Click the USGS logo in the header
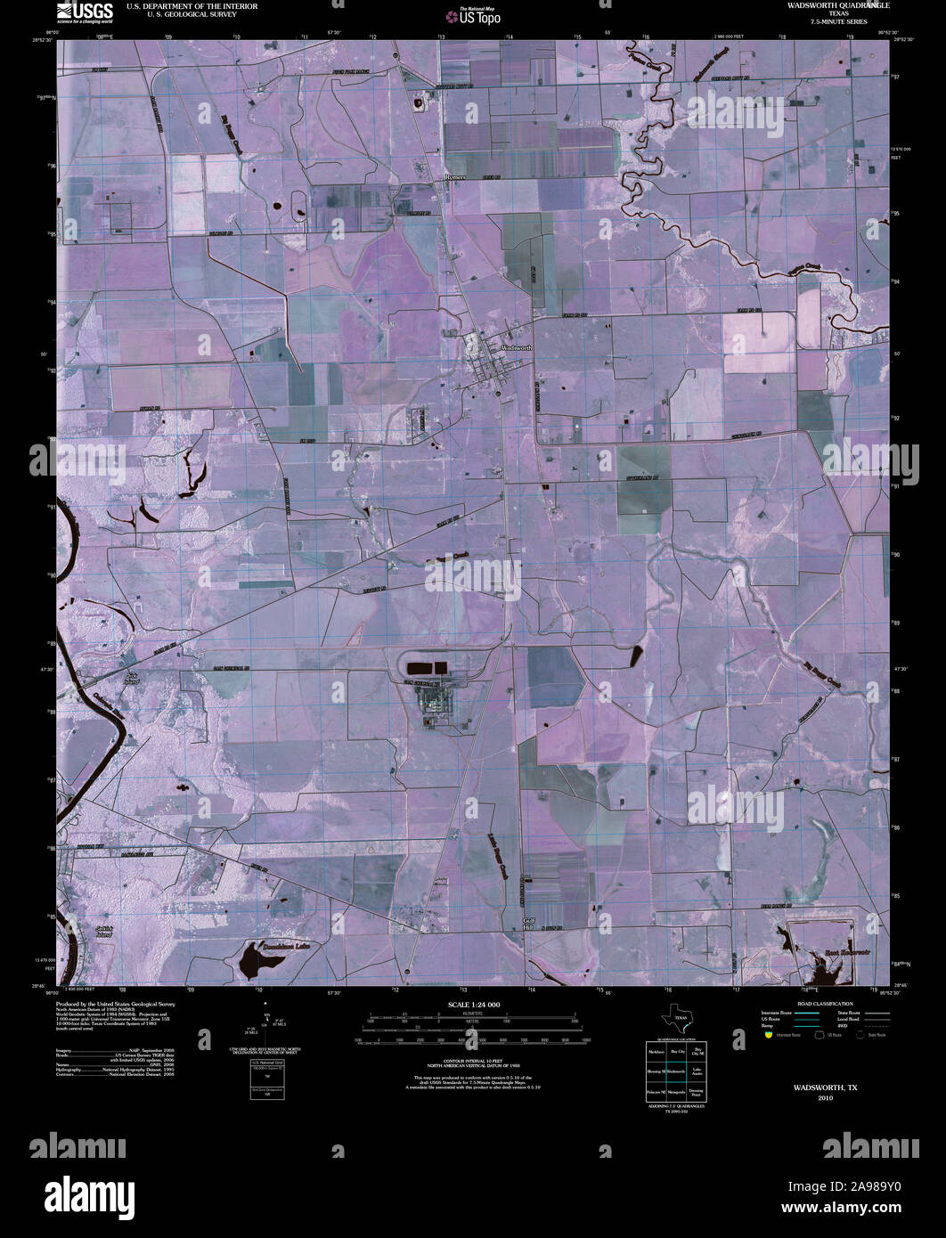click(85, 11)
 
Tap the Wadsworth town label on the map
click(516, 347)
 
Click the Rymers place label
click(454, 177)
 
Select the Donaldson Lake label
click(285, 945)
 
